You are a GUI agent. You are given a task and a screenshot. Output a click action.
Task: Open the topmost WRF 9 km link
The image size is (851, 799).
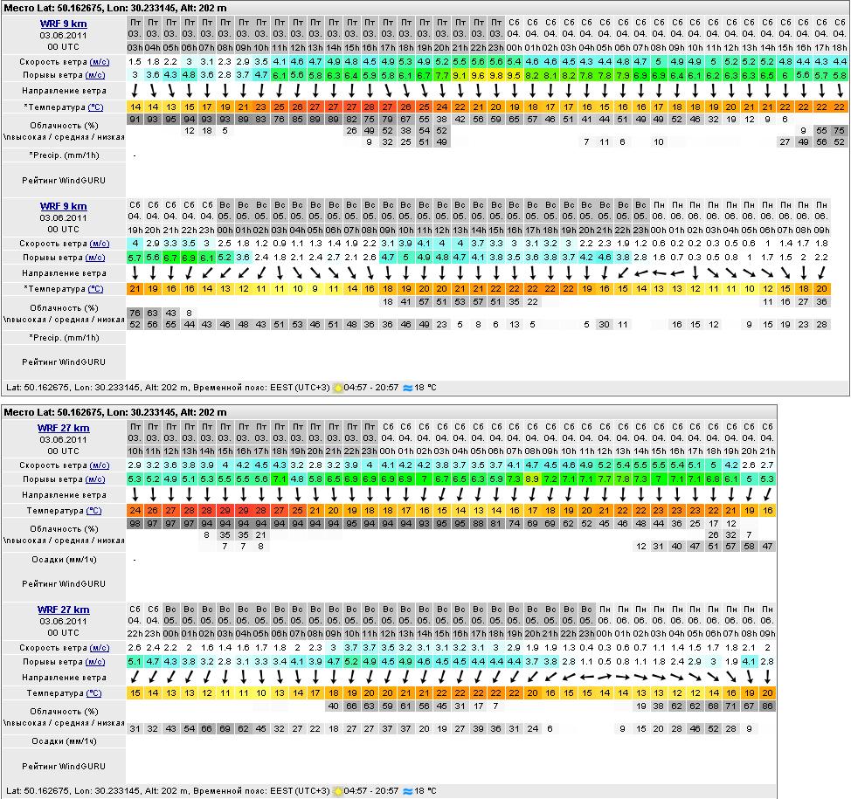pos(63,24)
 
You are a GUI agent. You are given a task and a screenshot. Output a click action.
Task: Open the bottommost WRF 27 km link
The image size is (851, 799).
pos(63,610)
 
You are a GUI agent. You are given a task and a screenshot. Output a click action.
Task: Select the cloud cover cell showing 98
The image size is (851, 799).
pos(135,523)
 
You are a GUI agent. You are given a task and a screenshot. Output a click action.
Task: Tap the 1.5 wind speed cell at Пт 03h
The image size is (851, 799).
pos(135,62)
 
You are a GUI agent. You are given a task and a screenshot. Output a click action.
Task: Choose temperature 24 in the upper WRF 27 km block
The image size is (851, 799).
pos(135,511)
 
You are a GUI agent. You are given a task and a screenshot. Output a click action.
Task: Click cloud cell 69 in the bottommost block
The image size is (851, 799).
pos(225,728)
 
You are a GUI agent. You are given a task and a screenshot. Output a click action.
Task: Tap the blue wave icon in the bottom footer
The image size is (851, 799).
pos(407,791)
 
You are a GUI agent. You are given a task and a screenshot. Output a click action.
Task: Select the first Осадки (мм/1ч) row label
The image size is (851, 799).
pos(63,559)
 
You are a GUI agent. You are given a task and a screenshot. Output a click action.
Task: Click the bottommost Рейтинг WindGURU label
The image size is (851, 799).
pos(63,766)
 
